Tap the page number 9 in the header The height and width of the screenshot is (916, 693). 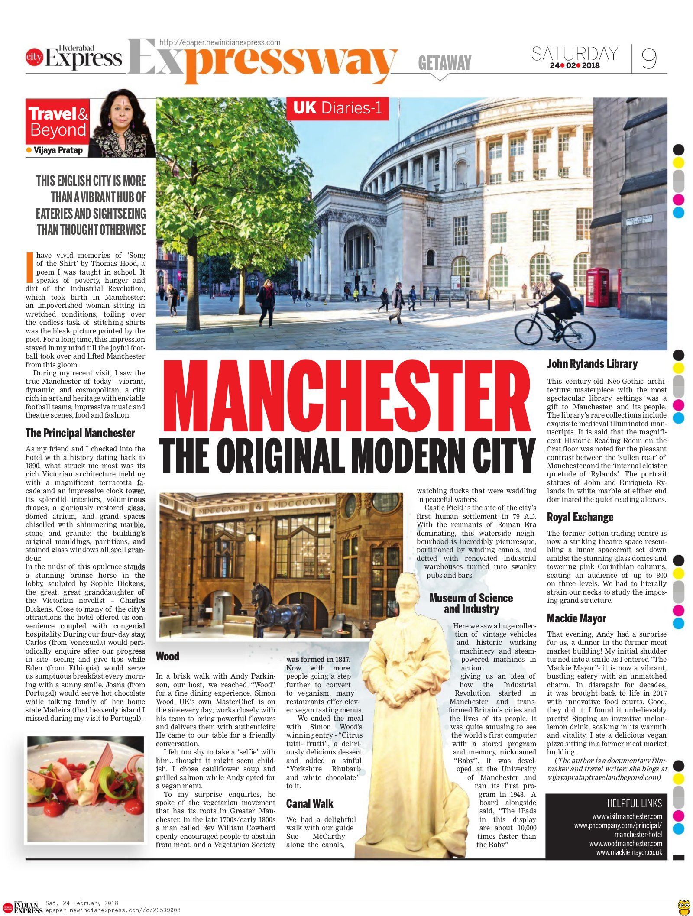coord(648,58)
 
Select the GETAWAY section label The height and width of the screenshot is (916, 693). coord(444,63)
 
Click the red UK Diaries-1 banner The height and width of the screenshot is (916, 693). coord(337,108)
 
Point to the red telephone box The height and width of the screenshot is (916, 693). coord(598,287)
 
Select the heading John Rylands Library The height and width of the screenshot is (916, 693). coord(592,364)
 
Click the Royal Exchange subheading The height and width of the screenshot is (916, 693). coord(580,517)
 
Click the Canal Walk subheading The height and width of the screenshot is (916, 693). coord(309,804)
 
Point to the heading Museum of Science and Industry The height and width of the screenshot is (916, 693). coord(471,603)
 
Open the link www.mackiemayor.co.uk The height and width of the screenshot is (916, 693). coord(629,852)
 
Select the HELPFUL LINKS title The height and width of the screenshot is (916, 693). coord(634,804)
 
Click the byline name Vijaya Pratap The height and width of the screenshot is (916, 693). coord(58,150)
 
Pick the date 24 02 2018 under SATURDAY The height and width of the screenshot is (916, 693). coord(575,66)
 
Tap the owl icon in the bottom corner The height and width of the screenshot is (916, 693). coord(684,906)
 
